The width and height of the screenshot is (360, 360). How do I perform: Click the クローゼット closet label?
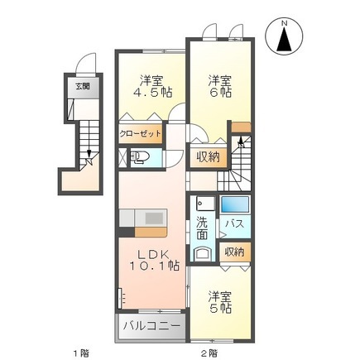point(137,132)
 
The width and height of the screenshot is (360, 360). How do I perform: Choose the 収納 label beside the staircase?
point(208,156)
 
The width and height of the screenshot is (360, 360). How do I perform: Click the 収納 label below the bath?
point(234,252)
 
